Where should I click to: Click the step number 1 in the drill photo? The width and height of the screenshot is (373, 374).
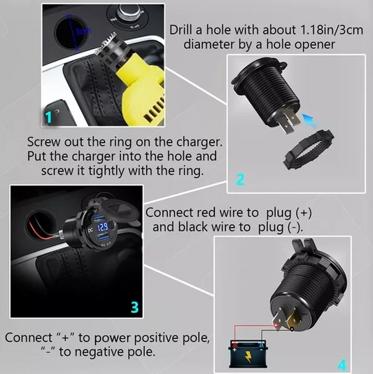pyautogui.click(x=49, y=118)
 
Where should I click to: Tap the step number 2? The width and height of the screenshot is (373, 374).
pyautogui.click(x=240, y=179)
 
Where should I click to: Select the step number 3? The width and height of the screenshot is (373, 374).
pyautogui.click(x=134, y=307)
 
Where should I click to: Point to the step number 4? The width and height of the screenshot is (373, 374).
pyautogui.click(x=342, y=365)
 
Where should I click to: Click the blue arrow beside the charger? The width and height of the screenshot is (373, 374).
pyautogui.click(x=309, y=120)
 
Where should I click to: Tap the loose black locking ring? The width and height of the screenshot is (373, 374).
pyautogui.click(x=308, y=149)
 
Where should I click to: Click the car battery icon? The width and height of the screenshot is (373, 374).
pyautogui.click(x=248, y=354)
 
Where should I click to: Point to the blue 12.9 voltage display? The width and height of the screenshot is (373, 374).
pyautogui.click(x=103, y=226)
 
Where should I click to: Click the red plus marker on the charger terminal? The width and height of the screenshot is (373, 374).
pyautogui.click(x=276, y=325)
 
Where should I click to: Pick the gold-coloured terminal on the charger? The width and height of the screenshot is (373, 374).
pyautogui.click(x=294, y=319)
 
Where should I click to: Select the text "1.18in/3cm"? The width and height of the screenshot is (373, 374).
pyautogui.click(x=331, y=30)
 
